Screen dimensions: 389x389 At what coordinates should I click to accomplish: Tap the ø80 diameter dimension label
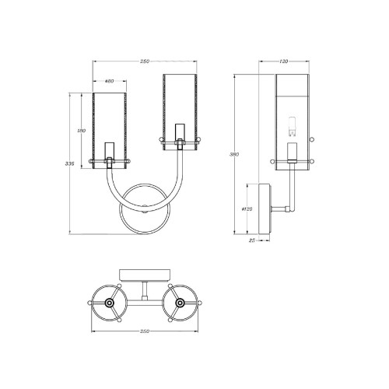click(109, 81)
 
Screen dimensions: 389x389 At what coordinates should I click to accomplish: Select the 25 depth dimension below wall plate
click(253, 241)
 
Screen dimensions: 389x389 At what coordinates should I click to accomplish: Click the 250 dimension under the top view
click(144, 331)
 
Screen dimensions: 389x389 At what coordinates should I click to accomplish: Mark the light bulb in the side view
click(294, 124)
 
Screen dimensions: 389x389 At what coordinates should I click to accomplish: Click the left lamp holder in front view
click(110, 150)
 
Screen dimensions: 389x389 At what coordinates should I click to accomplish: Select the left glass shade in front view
click(110, 124)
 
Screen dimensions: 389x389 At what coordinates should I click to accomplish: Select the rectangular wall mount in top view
click(144, 273)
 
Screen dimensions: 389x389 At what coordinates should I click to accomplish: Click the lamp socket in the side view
click(294, 151)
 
